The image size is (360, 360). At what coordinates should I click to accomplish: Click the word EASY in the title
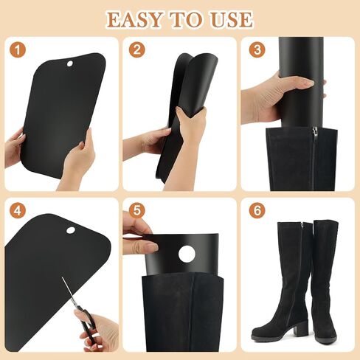pyautogui.click(x=136, y=18)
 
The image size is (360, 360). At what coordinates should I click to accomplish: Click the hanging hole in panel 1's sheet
pyautogui.click(x=70, y=65)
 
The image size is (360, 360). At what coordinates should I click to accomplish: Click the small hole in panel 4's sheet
pyautogui.click(x=71, y=230)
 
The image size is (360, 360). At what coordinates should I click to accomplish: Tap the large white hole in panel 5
pyautogui.click(x=187, y=254)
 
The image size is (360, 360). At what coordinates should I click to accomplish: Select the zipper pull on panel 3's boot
pyautogui.click(x=314, y=133)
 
